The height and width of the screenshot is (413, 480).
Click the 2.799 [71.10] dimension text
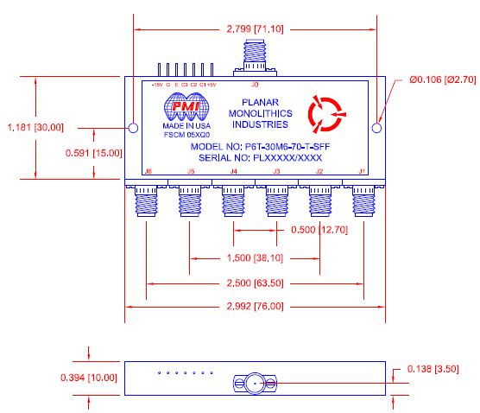[x=256, y=29]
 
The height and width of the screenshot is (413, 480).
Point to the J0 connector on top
[x=254, y=60]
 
